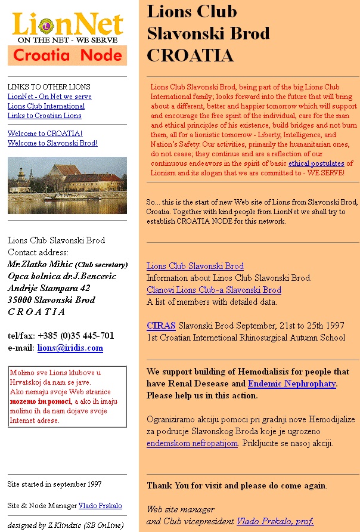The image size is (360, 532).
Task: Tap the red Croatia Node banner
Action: pos(67,55)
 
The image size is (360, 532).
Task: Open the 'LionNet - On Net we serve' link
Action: pos(49,97)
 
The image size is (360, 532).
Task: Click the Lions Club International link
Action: pos(46,106)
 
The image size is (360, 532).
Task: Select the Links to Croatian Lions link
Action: pos(44,116)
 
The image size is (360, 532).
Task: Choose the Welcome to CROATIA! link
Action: pos(45,134)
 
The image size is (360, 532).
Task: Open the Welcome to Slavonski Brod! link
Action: pos(52,143)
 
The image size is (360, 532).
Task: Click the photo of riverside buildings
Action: pos(67,185)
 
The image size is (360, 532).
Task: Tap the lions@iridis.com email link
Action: pos(70,348)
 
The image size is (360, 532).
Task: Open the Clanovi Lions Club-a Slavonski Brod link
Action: pos(214,290)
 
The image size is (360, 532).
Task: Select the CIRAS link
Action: pos(161,326)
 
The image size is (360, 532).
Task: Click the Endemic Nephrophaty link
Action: pos(292,384)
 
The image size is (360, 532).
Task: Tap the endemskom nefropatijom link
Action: pos(193,443)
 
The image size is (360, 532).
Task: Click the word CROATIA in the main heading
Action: pos(190,55)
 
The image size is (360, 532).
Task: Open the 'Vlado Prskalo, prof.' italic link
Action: pos(275,521)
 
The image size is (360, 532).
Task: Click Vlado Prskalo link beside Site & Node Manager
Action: pos(100,506)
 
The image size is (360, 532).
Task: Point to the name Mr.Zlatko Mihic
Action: pos(40,264)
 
